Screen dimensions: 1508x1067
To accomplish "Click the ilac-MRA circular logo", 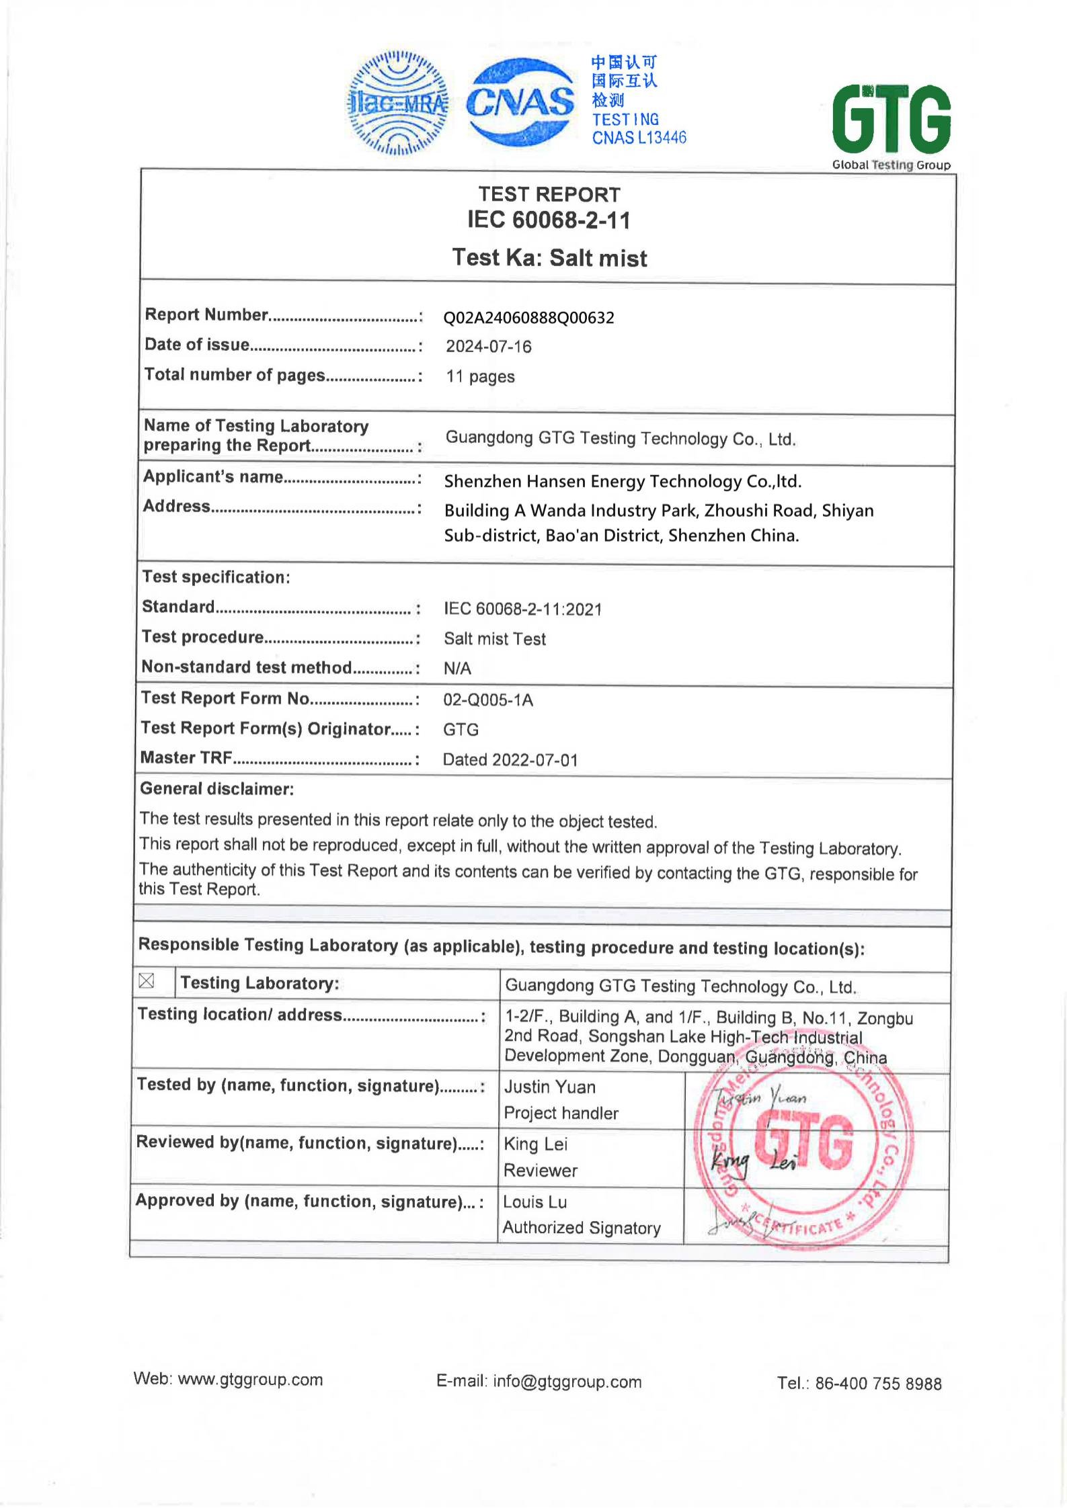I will pyautogui.click(x=397, y=103).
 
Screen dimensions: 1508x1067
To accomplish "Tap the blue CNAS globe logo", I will pyautogui.click(x=520, y=102).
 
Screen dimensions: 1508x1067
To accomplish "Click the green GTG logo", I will pyautogui.click(x=891, y=120).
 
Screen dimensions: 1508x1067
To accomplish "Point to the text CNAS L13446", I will pyautogui.click(x=639, y=138).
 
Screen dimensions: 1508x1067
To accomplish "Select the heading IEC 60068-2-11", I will pyautogui.click(x=549, y=220).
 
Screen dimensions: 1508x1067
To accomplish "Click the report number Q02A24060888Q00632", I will pyautogui.click(x=528, y=318).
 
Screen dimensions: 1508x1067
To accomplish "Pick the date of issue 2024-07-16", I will pyautogui.click(x=489, y=347).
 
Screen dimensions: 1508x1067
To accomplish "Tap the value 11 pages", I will pyautogui.click(x=480, y=376).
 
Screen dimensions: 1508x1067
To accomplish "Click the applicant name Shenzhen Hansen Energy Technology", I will pyautogui.click(x=623, y=481).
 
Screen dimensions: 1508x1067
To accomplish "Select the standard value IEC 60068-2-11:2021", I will pyautogui.click(x=522, y=610).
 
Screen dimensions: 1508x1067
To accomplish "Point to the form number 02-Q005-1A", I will pyautogui.click(x=487, y=700).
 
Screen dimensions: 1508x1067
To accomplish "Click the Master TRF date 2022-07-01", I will pyautogui.click(x=535, y=760).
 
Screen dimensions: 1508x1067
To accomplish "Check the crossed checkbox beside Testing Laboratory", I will pyautogui.click(x=146, y=982).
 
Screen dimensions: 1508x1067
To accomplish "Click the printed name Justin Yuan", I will pyautogui.click(x=549, y=1087).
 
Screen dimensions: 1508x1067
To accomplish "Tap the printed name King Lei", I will pyautogui.click(x=535, y=1144).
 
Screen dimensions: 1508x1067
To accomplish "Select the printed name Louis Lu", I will pyautogui.click(x=535, y=1202).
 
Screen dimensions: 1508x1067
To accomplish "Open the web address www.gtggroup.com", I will pyautogui.click(x=250, y=1380).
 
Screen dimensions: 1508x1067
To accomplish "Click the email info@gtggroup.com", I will pyautogui.click(x=567, y=1382).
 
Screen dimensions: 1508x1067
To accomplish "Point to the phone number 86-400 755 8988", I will pyautogui.click(x=877, y=1384).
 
